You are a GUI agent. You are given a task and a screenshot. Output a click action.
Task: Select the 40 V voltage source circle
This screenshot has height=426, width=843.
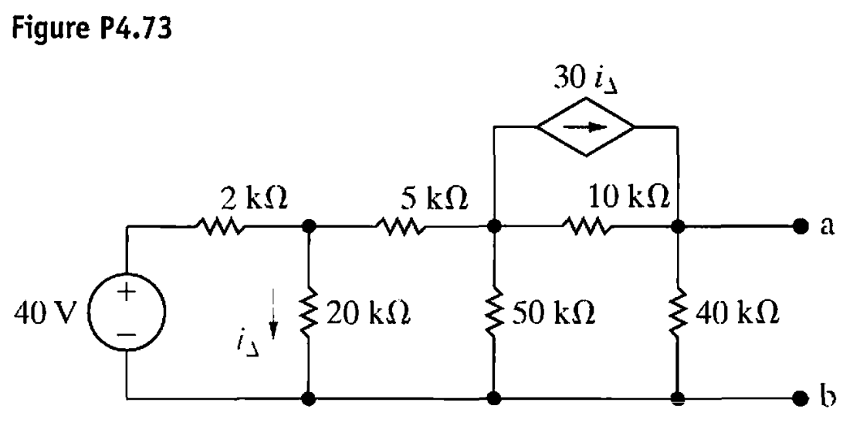pos(126,313)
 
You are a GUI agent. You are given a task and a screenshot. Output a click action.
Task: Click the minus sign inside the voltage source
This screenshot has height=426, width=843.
pos(126,335)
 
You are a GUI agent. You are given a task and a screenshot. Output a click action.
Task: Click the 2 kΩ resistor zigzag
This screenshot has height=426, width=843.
pos(222,228)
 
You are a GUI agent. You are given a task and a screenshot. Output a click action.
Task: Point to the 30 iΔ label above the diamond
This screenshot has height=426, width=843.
pos(586,77)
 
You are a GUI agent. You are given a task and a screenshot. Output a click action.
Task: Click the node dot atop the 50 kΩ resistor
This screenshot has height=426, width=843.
pos(493,228)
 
